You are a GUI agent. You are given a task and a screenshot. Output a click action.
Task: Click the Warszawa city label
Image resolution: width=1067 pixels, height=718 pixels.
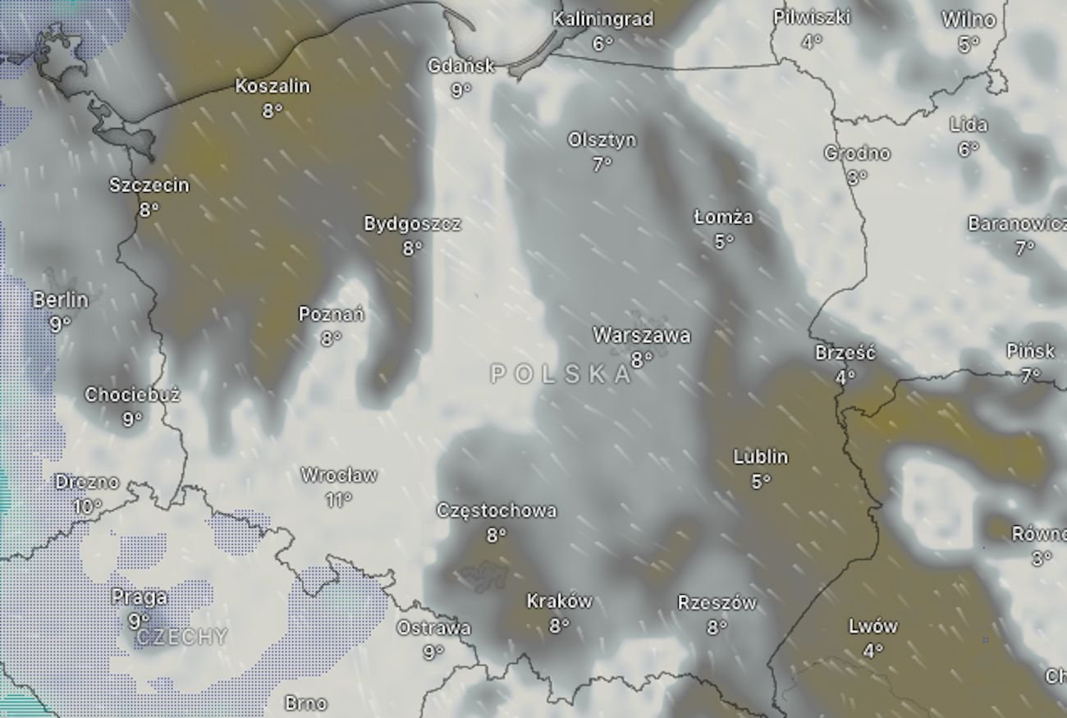coord(641,335)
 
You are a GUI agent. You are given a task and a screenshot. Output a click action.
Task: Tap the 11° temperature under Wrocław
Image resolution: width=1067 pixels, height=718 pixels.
coord(338,499)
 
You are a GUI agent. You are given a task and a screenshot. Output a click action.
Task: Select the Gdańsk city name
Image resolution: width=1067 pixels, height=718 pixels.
coord(461,66)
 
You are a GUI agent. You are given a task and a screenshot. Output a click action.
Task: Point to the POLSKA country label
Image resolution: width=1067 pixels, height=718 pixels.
coord(561,375)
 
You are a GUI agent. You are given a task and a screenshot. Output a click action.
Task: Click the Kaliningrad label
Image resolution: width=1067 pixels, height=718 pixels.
coord(602,19)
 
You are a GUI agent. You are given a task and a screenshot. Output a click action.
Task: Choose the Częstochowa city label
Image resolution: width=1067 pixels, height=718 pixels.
coord(497,510)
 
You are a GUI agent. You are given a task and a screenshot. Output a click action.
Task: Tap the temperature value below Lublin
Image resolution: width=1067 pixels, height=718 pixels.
coord(761,482)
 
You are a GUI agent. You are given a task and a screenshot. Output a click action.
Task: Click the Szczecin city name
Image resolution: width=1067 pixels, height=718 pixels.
coord(149,185)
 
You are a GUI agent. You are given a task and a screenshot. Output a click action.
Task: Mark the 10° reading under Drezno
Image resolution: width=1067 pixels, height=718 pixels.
coord(88,506)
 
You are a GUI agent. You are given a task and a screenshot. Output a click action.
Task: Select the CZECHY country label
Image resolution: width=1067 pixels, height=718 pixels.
coord(181,638)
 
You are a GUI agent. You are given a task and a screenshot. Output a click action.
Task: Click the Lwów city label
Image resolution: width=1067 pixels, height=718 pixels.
coord(873,626)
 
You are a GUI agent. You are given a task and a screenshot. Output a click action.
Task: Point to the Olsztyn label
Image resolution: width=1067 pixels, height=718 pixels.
coord(602,140)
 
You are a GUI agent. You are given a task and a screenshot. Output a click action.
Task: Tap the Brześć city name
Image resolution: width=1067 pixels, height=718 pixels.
coord(845,353)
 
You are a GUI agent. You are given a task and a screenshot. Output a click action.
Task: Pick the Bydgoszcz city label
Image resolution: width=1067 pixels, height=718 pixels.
coord(412,224)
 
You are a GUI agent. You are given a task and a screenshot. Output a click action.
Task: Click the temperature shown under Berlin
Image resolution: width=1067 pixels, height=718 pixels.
coord(60,325)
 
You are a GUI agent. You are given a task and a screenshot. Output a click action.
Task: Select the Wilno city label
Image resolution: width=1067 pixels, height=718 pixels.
coord(969,20)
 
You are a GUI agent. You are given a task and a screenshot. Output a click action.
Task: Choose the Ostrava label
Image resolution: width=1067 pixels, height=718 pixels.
coord(433,628)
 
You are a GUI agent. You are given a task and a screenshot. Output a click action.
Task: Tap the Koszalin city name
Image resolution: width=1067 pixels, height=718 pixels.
coord(272,85)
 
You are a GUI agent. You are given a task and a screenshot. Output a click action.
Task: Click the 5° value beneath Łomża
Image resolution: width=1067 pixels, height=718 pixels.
coord(723,241)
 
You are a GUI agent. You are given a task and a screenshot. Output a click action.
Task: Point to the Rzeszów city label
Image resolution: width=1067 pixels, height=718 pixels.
coord(717,603)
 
